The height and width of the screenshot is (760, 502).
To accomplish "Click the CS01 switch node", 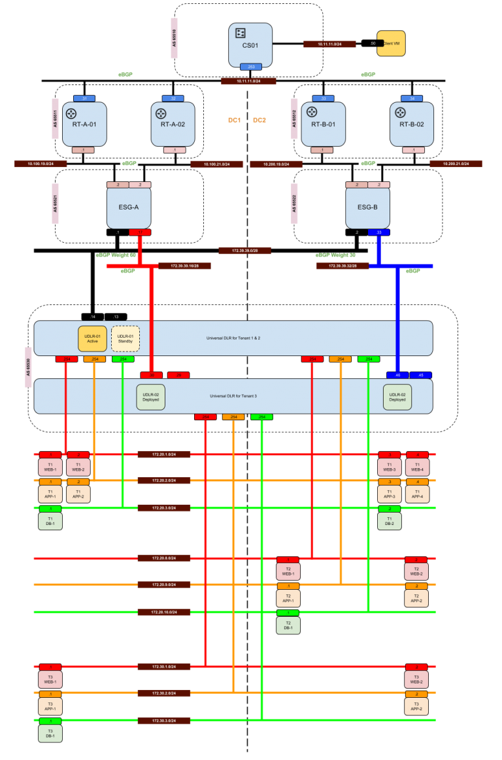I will (250, 43).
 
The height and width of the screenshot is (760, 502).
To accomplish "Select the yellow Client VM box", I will (391, 43).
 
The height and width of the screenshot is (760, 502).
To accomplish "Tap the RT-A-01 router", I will (84, 124).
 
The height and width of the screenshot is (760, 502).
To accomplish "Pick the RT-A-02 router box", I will (173, 124).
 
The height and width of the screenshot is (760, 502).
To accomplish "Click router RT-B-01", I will (323, 124).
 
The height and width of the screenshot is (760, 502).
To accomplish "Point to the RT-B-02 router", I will (412, 124).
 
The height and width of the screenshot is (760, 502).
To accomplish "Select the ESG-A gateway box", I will (129, 208).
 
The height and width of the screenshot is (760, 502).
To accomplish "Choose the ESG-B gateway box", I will (367, 208).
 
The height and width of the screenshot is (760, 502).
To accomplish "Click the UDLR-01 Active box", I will (92, 338).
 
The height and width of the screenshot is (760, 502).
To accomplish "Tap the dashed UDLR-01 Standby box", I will (125, 338).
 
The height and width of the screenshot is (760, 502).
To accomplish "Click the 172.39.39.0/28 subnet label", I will (244, 251).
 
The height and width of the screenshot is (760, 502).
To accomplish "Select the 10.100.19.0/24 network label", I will (41, 164).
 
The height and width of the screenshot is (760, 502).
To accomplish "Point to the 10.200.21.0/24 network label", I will (456, 164).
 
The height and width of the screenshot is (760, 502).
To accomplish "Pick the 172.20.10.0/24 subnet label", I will (164, 612).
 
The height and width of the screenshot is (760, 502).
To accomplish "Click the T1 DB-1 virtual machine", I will (50, 521).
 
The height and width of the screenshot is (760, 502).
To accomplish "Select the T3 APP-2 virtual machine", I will (416, 706).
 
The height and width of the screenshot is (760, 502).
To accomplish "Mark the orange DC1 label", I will (234, 120).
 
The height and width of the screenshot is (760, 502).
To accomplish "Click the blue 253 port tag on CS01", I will (250, 67).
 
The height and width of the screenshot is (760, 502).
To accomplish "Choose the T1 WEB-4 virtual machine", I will (417, 467).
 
